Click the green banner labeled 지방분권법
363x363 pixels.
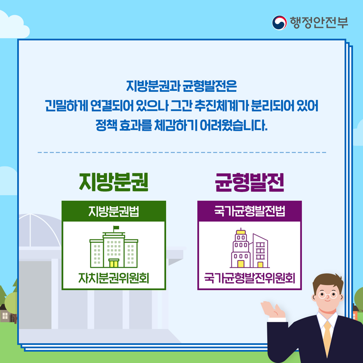(113, 211)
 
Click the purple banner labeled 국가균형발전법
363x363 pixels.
(249, 211)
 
